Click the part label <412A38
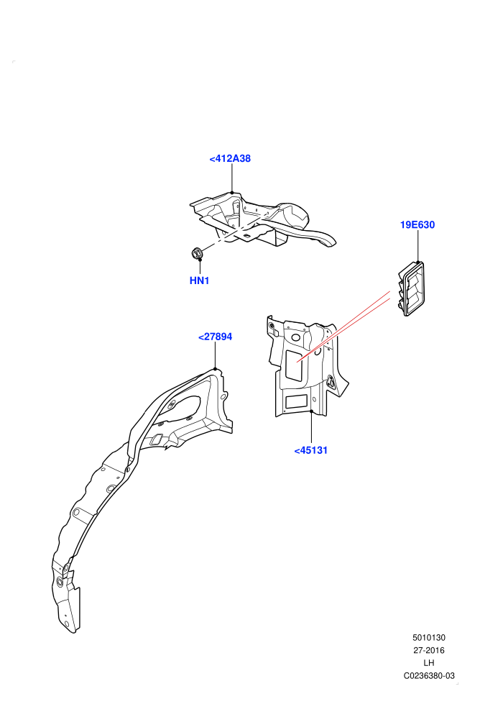(x=230, y=158)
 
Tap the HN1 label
(x=199, y=280)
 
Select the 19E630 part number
(x=417, y=225)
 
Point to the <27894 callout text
(x=215, y=337)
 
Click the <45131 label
(x=310, y=450)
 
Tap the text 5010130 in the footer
(x=428, y=637)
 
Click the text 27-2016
(x=428, y=650)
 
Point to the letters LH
(x=428, y=663)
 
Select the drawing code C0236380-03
(x=429, y=675)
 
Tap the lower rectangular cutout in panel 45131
(x=296, y=401)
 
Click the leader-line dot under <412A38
(x=232, y=192)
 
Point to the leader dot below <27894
(x=215, y=369)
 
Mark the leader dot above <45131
(x=311, y=411)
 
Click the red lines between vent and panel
(x=343, y=328)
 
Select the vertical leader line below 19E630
(x=417, y=247)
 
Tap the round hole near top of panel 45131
(x=295, y=338)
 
